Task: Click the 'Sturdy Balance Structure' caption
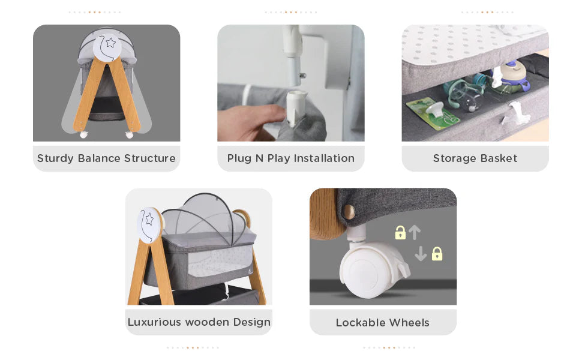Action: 106,158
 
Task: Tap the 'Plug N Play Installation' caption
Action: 290,158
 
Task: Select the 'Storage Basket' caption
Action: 475,158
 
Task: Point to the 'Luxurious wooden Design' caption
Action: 199,322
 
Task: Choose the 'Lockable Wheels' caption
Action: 383,323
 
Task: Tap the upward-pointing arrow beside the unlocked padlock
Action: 415,232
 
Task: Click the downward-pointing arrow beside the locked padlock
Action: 421,254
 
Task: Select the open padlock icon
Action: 400,233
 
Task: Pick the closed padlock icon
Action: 437,254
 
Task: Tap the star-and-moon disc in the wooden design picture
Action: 148,224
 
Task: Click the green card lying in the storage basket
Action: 427,112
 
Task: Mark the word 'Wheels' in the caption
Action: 408,323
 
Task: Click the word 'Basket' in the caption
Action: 497,158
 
